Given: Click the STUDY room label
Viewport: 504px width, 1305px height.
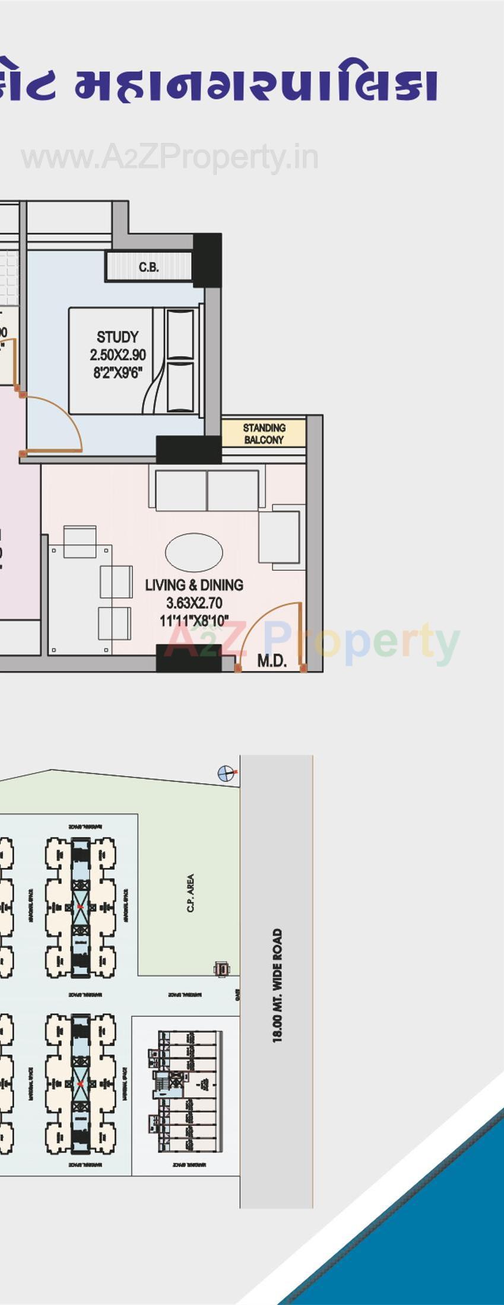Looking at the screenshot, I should [x=118, y=337].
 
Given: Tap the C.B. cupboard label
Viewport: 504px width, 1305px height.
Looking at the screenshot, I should [x=148, y=268].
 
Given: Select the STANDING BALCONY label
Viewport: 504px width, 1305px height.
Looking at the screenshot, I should [x=264, y=434].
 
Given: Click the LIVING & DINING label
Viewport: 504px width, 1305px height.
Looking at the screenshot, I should [x=194, y=585].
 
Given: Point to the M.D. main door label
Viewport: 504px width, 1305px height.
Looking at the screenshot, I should [x=272, y=661].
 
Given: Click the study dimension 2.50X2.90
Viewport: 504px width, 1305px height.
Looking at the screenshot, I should [x=118, y=355].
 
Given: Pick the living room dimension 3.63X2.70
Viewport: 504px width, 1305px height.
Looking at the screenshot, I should [x=194, y=603].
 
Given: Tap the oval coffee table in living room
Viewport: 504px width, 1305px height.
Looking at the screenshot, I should [x=194, y=552].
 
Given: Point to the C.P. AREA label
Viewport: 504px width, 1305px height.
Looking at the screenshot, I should [x=191, y=892].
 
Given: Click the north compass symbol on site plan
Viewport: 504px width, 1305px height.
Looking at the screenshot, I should [x=225, y=773].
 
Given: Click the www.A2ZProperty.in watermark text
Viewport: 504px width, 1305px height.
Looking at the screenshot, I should [x=170, y=158].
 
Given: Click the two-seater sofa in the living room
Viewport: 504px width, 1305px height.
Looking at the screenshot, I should [x=207, y=490].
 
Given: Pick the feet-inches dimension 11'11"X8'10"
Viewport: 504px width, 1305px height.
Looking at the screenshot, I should [x=194, y=621].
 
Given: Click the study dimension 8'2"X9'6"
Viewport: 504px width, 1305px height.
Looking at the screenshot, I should [x=118, y=373].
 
